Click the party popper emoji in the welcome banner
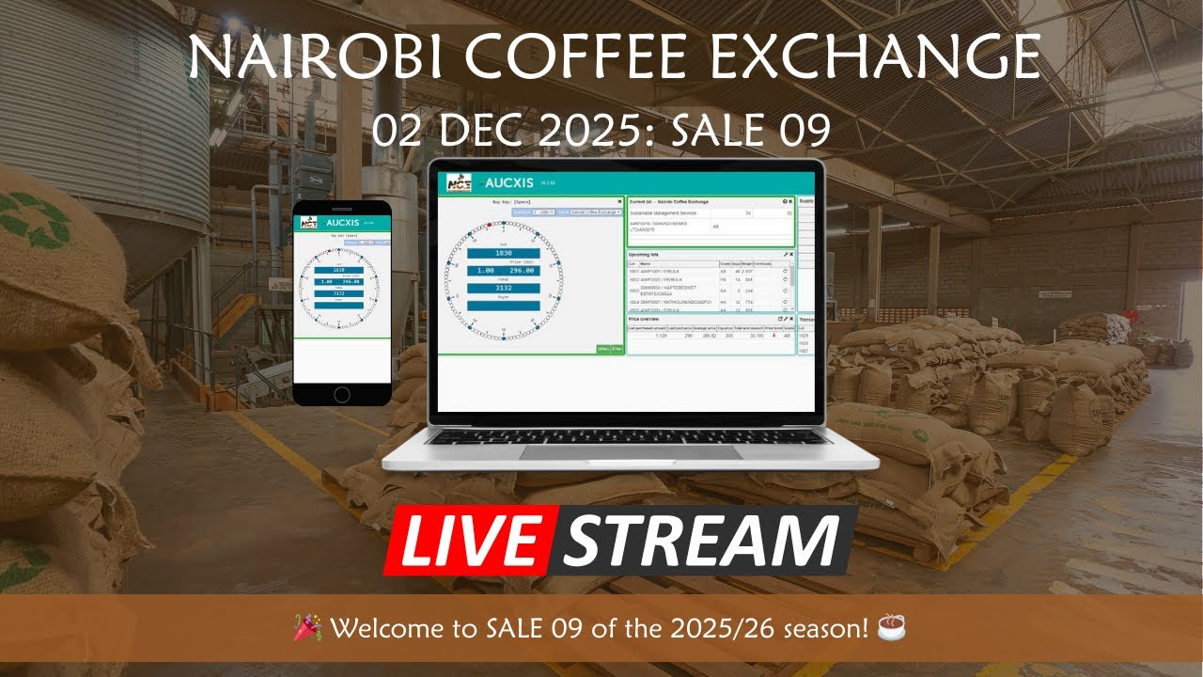pyautogui.click(x=308, y=626)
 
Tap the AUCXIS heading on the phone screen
pyautogui.click(x=343, y=223)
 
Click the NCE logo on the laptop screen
pyautogui.click(x=459, y=182)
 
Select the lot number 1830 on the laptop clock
pyautogui.click(x=503, y=254)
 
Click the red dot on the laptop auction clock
pyautogui.click(x=490, y=224)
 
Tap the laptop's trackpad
pyautogui.click(x=630, y=453)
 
